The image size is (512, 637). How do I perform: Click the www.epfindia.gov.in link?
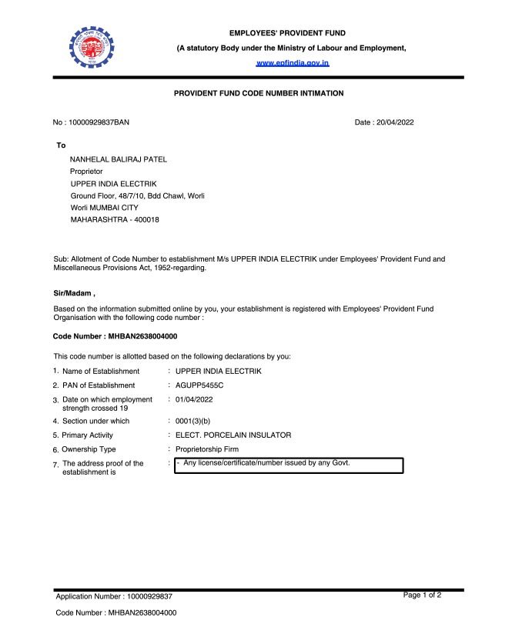point(293,62)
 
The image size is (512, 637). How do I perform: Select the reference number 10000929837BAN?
point(92,122)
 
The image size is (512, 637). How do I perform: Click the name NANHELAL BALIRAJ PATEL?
point(118,159)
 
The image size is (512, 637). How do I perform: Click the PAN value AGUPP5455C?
point(199,385)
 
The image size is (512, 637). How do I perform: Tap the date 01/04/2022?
point(194,399)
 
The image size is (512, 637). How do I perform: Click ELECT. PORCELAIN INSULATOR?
point(233,435)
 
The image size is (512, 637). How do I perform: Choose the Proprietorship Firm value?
point(207,449)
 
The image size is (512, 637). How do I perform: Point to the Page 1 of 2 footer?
point(422,595)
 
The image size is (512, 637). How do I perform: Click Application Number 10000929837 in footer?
point(114,596)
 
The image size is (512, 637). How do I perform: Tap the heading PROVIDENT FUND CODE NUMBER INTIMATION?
point(259,93)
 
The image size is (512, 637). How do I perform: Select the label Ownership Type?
point(89,449)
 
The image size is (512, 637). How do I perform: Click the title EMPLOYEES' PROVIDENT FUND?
point(287,33)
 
